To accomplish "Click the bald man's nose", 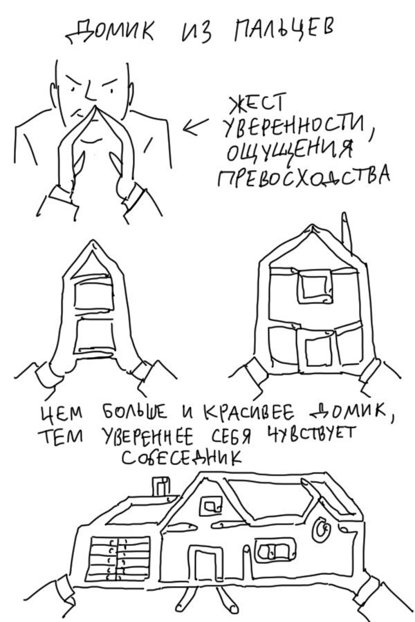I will (88, 104).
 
